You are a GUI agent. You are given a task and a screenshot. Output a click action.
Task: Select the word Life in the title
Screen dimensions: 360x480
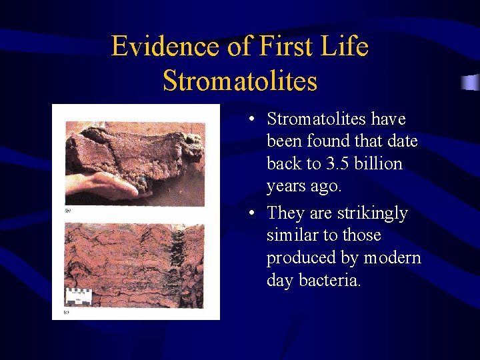tap(345, 47)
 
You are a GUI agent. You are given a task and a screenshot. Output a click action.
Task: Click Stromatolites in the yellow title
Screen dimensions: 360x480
tap(240, 81)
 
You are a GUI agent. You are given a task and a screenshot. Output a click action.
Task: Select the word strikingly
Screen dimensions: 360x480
tap(371, 213)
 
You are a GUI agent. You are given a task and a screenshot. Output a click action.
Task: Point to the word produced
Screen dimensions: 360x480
tap(301, 258)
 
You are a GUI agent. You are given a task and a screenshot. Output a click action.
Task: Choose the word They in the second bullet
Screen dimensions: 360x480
tap(285, 213)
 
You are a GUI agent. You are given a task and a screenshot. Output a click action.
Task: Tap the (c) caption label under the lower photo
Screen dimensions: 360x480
tap(67, 311)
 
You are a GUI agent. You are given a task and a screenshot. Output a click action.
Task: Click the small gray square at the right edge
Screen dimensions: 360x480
tap(471, 83)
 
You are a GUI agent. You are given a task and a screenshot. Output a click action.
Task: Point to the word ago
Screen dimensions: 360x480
tap(327, 187)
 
